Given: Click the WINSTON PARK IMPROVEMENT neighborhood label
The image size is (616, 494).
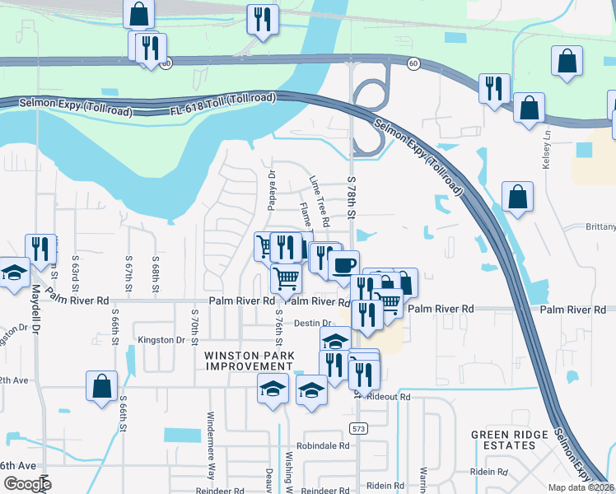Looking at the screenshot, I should [249, 361].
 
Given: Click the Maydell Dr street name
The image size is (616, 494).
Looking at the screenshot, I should [36, 314].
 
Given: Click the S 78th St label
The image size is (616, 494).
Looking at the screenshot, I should [351, 198].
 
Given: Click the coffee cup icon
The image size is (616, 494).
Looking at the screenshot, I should [343, 265].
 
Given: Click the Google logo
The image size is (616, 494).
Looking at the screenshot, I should [28, 484].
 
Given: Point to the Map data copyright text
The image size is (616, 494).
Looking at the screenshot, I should [581, 487].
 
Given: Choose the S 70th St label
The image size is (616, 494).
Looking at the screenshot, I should [195, 328].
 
